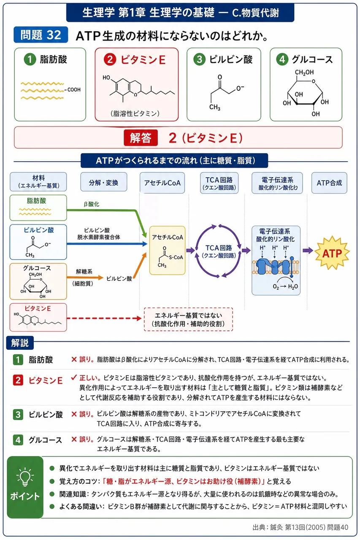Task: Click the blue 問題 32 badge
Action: (41, 35)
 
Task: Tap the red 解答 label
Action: (141, 138)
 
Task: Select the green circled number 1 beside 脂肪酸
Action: (30, 59)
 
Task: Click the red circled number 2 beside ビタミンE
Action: (110, 59)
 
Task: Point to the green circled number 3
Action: (199, 59)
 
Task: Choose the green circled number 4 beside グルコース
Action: (282, 59)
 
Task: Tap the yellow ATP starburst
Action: (332, 253)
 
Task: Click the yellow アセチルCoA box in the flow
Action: (168, 251)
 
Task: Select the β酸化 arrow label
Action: (92, 204)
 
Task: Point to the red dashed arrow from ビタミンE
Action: (104, 319)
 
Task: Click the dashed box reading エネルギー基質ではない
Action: (188, 319)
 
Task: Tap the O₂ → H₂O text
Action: (285, 286)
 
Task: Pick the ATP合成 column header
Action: (329, 183)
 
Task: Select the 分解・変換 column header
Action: (104, 182)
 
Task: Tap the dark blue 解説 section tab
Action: (20, 343)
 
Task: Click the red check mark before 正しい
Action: (74, 378)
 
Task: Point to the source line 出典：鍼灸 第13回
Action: (300, 527)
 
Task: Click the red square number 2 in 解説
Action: (18, 381)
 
